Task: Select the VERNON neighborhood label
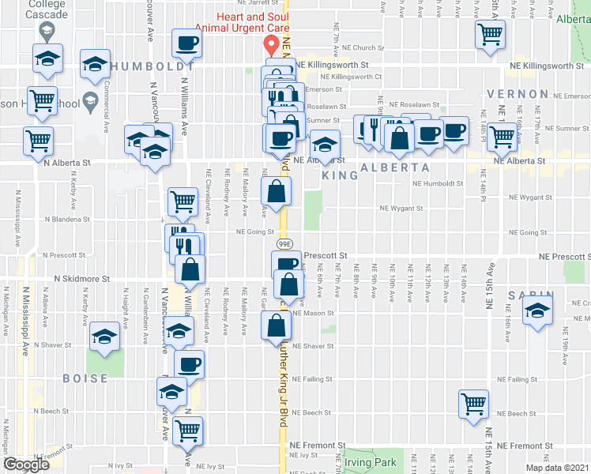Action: coord(518,94)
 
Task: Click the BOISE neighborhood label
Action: coord(85,378)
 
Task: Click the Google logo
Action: coord(26,465)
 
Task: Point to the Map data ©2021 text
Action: coord(557,468)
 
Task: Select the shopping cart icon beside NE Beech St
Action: coord(473,404)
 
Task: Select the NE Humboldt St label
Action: coord(437,183)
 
